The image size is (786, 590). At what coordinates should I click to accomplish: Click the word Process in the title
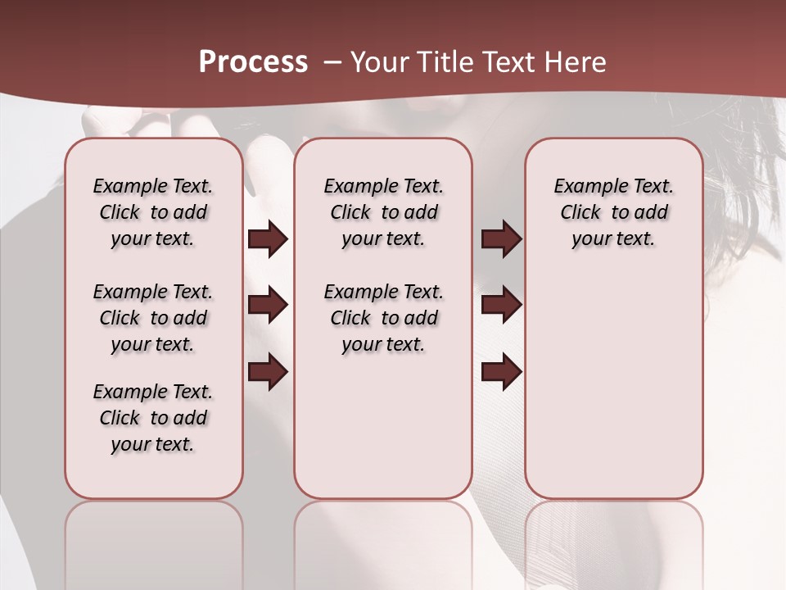point(253,62)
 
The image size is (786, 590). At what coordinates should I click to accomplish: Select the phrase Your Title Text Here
point(478,62)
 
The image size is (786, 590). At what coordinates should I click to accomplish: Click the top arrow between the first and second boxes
point(268,238)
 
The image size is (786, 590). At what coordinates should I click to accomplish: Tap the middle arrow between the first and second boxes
point(268,306)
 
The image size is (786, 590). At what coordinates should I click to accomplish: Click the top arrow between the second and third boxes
point(501,238)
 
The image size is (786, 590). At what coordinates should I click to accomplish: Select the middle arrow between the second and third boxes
point(501,306)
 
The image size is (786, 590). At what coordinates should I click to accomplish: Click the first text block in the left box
point(153,212)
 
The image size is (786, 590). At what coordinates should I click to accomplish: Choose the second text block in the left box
point(153,318)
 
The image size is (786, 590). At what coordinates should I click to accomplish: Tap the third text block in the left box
point(153,418)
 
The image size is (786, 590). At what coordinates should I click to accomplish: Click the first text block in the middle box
point(383,212)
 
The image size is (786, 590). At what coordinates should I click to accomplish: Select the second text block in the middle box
point(383,318)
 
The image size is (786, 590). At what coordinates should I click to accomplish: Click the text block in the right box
point(613,212)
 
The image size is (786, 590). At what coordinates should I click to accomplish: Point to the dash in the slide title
point(332,62)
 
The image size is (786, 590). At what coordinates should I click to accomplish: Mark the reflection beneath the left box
point(154,533)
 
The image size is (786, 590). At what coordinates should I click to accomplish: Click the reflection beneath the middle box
point(383,533)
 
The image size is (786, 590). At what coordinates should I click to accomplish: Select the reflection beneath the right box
point(613,533)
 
